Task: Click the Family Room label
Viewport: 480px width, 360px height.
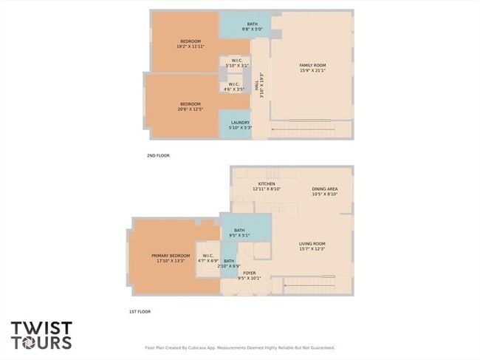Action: coord(312,68)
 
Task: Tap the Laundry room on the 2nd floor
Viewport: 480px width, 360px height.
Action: coord(240,125)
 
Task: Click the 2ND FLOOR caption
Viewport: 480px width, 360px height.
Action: coord(159,157)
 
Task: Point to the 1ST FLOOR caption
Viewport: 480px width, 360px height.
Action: coord(140,311)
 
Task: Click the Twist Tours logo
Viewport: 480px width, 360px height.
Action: coord(41,335)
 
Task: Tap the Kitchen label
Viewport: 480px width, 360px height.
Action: coord(267,186)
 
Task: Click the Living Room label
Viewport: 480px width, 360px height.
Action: coord(312,245)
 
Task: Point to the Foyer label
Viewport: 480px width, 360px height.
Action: coord(250,276)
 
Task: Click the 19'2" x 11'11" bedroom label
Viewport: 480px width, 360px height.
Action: coord(190,44)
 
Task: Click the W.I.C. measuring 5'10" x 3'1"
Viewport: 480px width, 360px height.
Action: coord(237,63)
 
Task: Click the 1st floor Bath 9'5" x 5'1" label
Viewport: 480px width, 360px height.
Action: coord(240,233)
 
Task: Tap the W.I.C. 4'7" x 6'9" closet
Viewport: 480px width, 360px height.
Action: coord(207,258)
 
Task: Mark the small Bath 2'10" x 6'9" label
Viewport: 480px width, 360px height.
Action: coord(229,263)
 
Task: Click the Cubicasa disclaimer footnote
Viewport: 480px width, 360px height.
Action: coord(239,347)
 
